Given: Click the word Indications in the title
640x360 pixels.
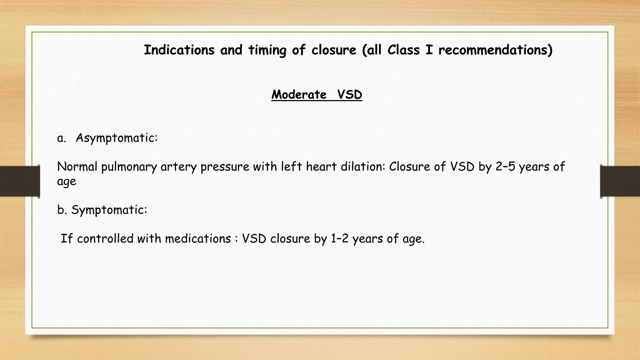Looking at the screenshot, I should [x=179, y=50].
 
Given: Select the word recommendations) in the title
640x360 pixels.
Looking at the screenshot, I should [x=495, y=50].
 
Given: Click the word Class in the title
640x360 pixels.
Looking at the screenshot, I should [x=403, y=50].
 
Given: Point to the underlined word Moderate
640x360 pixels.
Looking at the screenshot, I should [x=299, y=95].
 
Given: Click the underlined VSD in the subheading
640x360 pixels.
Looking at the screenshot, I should [x=350, y=95].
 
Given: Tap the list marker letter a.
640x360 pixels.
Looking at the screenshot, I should [x=61, y=138].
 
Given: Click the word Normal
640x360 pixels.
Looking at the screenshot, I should [x=77, y=167].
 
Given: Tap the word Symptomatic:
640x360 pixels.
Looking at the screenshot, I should [x=109, y=210].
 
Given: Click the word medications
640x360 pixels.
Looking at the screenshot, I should [x=198, y=239].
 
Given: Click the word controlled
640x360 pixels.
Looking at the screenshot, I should [x=105, y=239].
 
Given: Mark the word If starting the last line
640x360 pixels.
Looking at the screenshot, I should [x=66, y=239].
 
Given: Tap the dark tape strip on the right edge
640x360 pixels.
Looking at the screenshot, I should [x=620, y=181].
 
